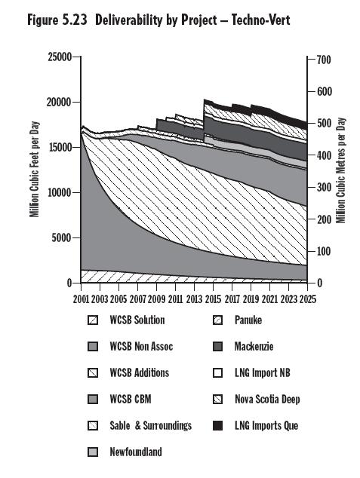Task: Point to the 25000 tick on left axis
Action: (60, 57)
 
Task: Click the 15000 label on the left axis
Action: (60, 147)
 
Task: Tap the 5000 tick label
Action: (61, 237)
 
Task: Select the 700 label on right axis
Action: (324, 60)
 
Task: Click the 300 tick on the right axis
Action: (324, 187)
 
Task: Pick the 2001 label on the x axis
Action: (82, 299)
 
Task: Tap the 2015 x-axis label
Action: (214, 299)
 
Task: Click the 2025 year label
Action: (307, 299)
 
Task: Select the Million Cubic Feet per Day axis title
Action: (35, 169)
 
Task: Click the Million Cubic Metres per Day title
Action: (341, 170)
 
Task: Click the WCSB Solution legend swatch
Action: (93, 320)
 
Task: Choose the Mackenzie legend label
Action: (254, 346)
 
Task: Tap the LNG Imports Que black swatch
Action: (218, 425)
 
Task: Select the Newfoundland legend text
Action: (136, 452)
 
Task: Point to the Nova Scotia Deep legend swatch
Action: (218, 400)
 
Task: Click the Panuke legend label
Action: (248, 320)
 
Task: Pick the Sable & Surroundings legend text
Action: (151, 425)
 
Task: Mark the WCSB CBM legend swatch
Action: (93, 400)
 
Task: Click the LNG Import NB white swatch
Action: (218, 373)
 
